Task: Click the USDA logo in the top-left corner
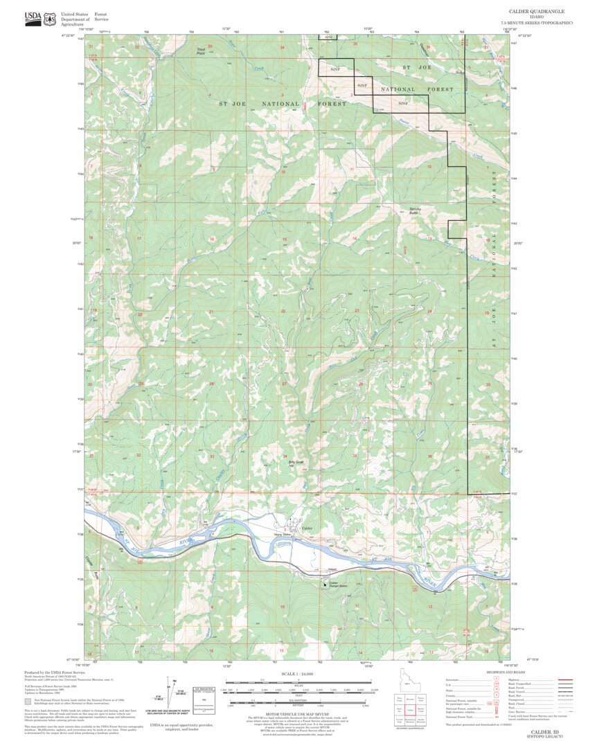click(33, 18)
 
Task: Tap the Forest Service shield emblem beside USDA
click(49, 19)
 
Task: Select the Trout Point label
click(202, 51)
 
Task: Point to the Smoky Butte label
click(415, 210)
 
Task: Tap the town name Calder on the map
click(309, 529)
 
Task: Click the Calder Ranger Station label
click(334, 584)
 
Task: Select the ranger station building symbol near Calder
click(323, 584)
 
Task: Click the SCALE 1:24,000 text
click(298, 674)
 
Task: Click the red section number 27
click(284, 383)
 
